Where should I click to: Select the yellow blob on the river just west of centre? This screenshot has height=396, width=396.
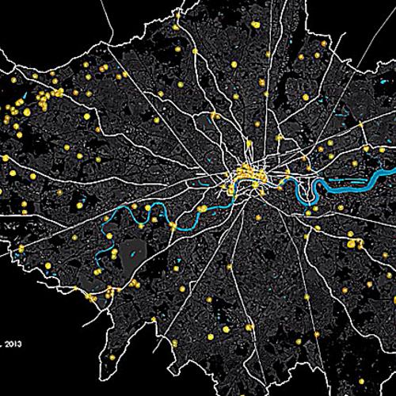199,209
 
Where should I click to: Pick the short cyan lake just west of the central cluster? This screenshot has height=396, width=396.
215,180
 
